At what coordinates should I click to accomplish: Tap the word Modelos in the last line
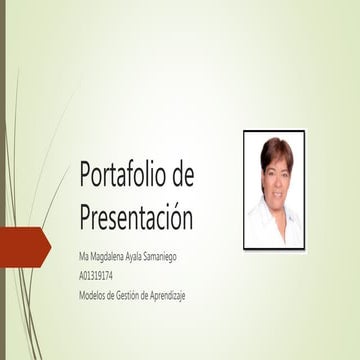91,294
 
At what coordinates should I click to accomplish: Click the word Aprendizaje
169,294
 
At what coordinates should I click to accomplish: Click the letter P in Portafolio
86,176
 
